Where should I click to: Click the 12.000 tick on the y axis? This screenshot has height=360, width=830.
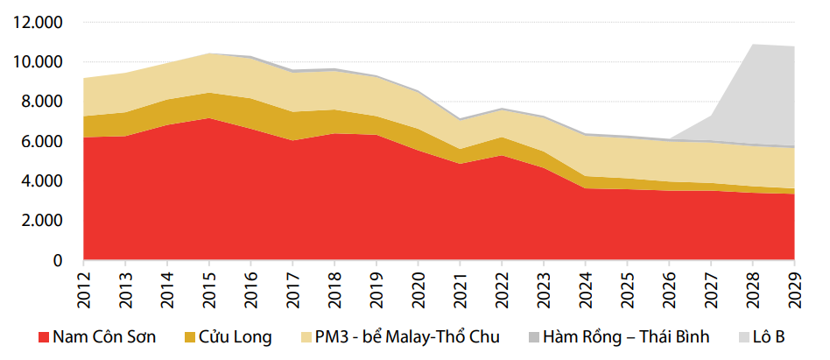click(x=38, y=22)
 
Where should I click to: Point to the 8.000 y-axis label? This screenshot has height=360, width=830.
click(x=41, y=102)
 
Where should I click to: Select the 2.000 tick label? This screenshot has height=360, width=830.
click(x=41, y=221)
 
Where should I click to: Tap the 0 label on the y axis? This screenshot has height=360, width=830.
click(x=58, y=260)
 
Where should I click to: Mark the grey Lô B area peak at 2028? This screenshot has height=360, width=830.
click(x=753, y=45)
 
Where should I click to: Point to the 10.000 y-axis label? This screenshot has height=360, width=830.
click(x=38, y=62)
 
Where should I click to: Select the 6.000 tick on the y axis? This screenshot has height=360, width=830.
click(x=41, y=141)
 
